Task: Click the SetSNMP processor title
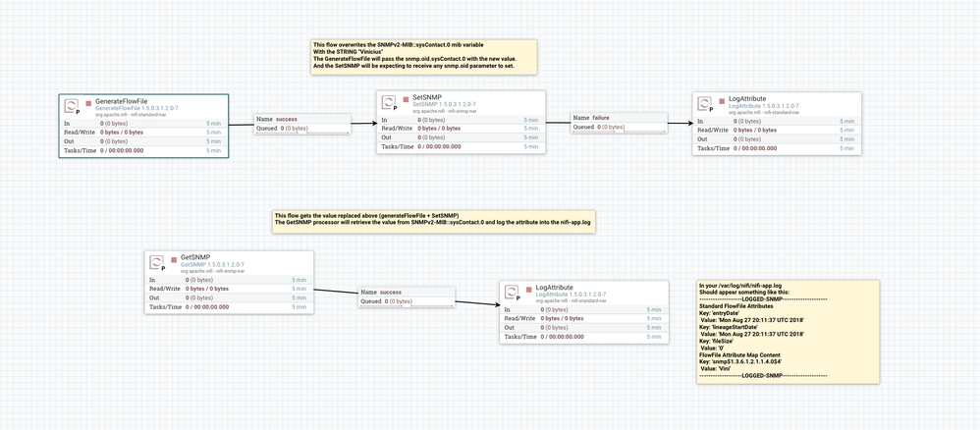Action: point(426,97)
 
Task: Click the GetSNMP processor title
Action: point(195,257)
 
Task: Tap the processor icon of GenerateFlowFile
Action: point(72,105)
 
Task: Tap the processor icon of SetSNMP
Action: point(389,103)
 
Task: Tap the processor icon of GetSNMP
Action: point(157,263)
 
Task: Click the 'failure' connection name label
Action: point(601,118)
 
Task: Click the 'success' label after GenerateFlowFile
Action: point(286,119)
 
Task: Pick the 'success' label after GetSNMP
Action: point(390,292)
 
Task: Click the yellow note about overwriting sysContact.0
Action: point(423,57)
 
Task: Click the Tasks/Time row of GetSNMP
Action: point(229,306)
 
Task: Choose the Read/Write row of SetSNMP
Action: point(461,129)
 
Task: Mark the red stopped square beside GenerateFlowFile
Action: point(87,101)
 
